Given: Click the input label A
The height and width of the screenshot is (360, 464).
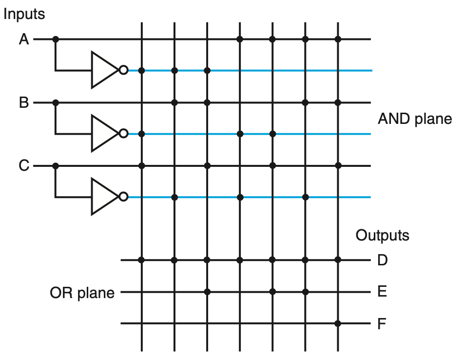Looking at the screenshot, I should tap(23, 39).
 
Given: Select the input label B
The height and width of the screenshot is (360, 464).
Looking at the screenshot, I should tap(23, 103).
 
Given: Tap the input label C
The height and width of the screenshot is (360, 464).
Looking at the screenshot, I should tap(23, 166).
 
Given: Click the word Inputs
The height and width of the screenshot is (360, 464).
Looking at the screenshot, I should tap(24, 14).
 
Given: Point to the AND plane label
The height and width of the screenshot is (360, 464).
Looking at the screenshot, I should tap(415, 119).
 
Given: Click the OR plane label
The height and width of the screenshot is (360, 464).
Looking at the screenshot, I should tap(82, 293).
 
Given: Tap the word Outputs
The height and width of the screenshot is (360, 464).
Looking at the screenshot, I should tap(382, 236).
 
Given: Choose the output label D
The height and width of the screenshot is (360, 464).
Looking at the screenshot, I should tap(382, 260).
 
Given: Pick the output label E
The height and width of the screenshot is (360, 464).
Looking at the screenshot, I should tap(382, 292).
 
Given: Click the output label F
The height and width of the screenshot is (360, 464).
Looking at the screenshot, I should tap(382, 323).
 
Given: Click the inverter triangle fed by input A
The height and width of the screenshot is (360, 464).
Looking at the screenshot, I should tap(104, 70).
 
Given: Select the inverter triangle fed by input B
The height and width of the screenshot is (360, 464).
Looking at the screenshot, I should tap(104, 134).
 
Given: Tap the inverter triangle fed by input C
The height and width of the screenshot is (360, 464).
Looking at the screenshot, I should tap(104, 197).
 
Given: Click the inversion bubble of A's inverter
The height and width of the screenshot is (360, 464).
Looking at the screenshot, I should tap(123, 70).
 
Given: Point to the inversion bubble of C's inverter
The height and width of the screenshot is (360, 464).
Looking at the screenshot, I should tap(123, 197).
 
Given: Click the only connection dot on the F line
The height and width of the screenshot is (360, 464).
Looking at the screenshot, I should tap(338, 323).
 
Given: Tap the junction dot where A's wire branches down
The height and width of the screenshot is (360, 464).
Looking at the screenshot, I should tap(56, 39).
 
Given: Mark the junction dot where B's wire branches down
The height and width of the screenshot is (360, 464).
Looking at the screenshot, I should tap(56, 103).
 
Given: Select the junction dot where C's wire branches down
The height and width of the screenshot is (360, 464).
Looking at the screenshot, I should tap(56, 166).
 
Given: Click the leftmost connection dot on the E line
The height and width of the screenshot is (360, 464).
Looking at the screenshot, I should tap(207, 292).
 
